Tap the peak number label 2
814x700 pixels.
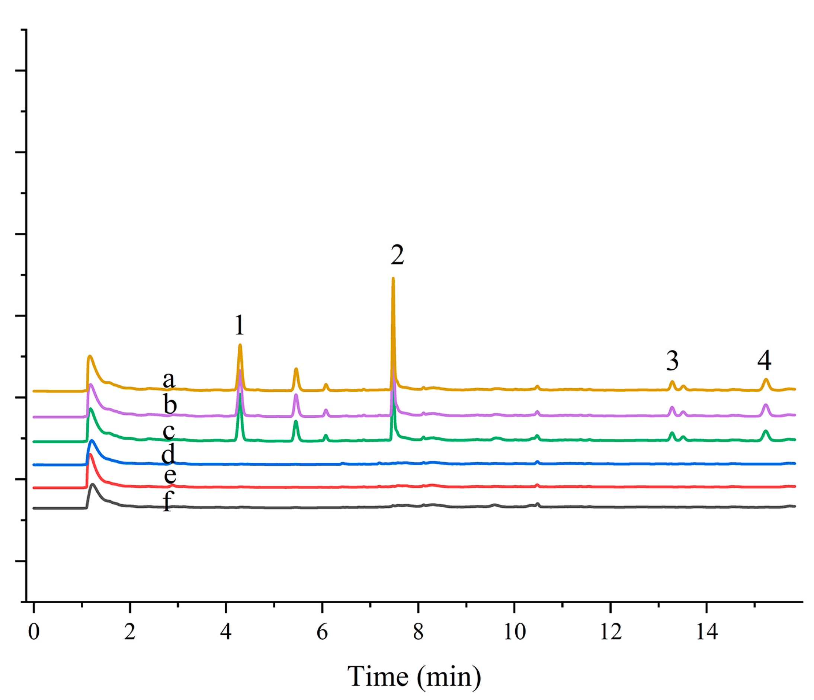397,255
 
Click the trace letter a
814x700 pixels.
169,379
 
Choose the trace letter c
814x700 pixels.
169,431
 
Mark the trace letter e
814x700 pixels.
170,475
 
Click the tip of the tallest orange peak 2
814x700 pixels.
393,279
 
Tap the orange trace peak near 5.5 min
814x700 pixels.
296,369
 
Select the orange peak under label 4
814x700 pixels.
765,379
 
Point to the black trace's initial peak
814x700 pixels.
93,485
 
